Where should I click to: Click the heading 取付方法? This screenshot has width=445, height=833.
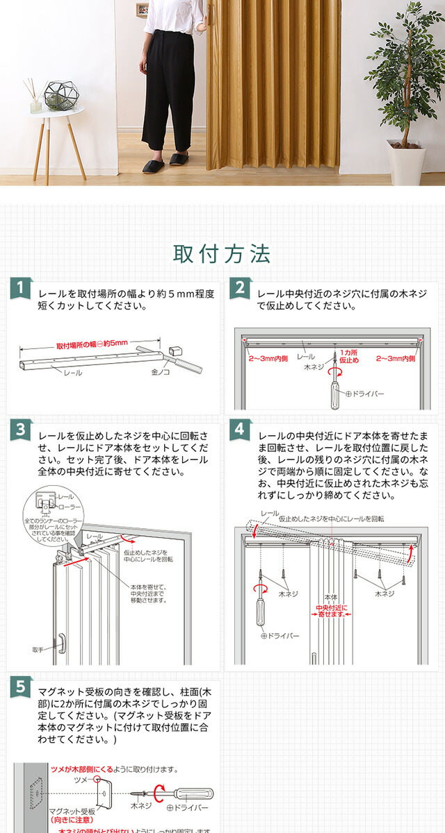coord(222,254)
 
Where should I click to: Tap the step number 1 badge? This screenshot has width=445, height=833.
coord(21,288)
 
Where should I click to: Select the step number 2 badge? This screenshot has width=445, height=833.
coord(238,288)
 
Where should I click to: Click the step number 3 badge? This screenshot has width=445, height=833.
coord(21,428)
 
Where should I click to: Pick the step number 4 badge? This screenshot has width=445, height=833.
coord(238,428)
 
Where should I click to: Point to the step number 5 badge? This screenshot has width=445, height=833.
coord(21,687)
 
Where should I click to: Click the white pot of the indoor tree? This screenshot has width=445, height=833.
coord(406,163)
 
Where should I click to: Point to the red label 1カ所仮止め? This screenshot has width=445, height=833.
coord(349,357)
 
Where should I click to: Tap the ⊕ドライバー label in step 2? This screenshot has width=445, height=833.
coord(365,394)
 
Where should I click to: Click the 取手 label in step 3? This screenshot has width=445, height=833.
coord(38,650)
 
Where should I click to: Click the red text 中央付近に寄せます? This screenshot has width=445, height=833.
coord(330,610)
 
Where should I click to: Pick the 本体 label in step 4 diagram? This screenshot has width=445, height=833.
coord(330,596)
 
